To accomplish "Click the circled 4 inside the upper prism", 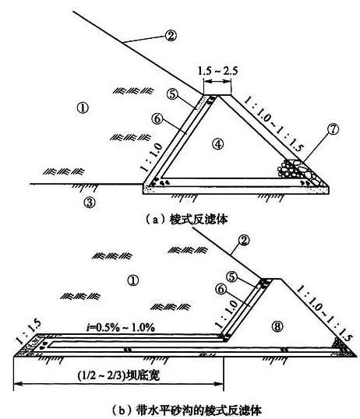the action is click(x=218, y=144).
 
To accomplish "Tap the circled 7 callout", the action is click(x=333, y=129).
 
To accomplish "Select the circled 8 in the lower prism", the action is click(x=277, y=326).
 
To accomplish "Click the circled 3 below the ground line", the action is click(x=90, y=202).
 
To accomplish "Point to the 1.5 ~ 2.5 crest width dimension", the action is click(x=217, y=71).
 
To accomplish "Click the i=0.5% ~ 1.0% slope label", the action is click(x=120, y=327).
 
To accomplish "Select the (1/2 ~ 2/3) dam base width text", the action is click(x=118, y=375).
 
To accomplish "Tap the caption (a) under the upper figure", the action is click(x=187, y=220).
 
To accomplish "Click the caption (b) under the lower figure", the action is click(x=186, y=410).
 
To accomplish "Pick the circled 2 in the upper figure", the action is click(x=171, y=36).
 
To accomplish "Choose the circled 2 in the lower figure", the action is click(x=243, y=240).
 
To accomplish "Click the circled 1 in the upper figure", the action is click(x=83, y=108).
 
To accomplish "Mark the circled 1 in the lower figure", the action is click(x=133, y=280).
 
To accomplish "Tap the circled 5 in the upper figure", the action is click(x=172, y=94).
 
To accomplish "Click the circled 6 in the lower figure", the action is click(x=221, y=289).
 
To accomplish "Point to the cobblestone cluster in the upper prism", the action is click(x=298, y=172).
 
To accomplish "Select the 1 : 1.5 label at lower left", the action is click(x=28, y=331).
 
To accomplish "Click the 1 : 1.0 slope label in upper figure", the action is click(x=151, y=157).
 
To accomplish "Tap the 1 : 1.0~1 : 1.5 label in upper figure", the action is click(x=274, y=125).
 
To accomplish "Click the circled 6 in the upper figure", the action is click(x=157, y=118).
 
